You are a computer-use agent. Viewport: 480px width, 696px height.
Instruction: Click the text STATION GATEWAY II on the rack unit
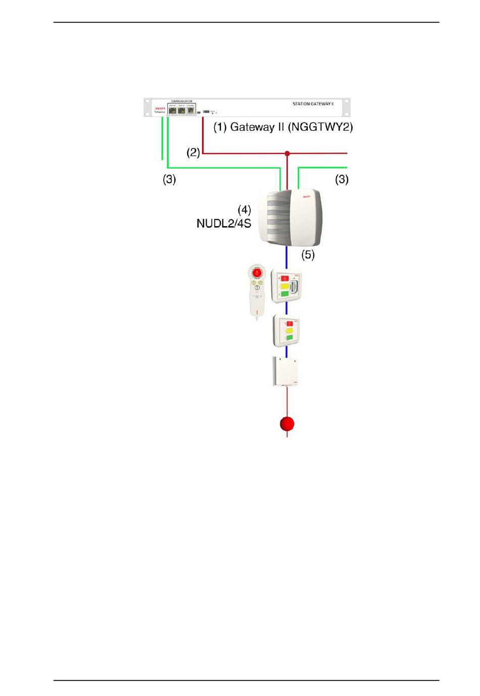coord(313,104)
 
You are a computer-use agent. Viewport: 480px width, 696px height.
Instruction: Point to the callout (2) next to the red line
coord(193,152)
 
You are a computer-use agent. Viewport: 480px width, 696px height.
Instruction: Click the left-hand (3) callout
coord(169,179)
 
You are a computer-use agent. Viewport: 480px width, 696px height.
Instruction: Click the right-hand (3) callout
coord(342,179)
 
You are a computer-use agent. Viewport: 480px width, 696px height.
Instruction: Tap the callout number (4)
coord(245,209)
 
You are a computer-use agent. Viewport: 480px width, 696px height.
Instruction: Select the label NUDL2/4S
coord(224,223)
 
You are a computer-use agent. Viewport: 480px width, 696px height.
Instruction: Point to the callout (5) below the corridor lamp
coord(308,255)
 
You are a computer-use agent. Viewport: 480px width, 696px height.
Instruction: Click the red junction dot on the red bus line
coord(287,153)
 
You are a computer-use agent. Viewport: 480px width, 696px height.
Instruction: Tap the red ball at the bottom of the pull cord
coord(287,423)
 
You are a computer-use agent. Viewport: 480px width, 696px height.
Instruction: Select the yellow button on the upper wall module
coord(284,286)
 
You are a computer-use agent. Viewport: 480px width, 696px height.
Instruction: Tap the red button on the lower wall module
coord(290,324)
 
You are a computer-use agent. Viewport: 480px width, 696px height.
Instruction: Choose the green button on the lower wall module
coord(290,337)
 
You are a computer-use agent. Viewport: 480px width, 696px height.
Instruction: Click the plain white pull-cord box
coord(285,371)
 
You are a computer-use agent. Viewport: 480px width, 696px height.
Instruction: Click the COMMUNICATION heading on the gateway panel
coord(181,101)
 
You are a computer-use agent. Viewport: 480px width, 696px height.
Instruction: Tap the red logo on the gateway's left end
coord(160,108)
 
